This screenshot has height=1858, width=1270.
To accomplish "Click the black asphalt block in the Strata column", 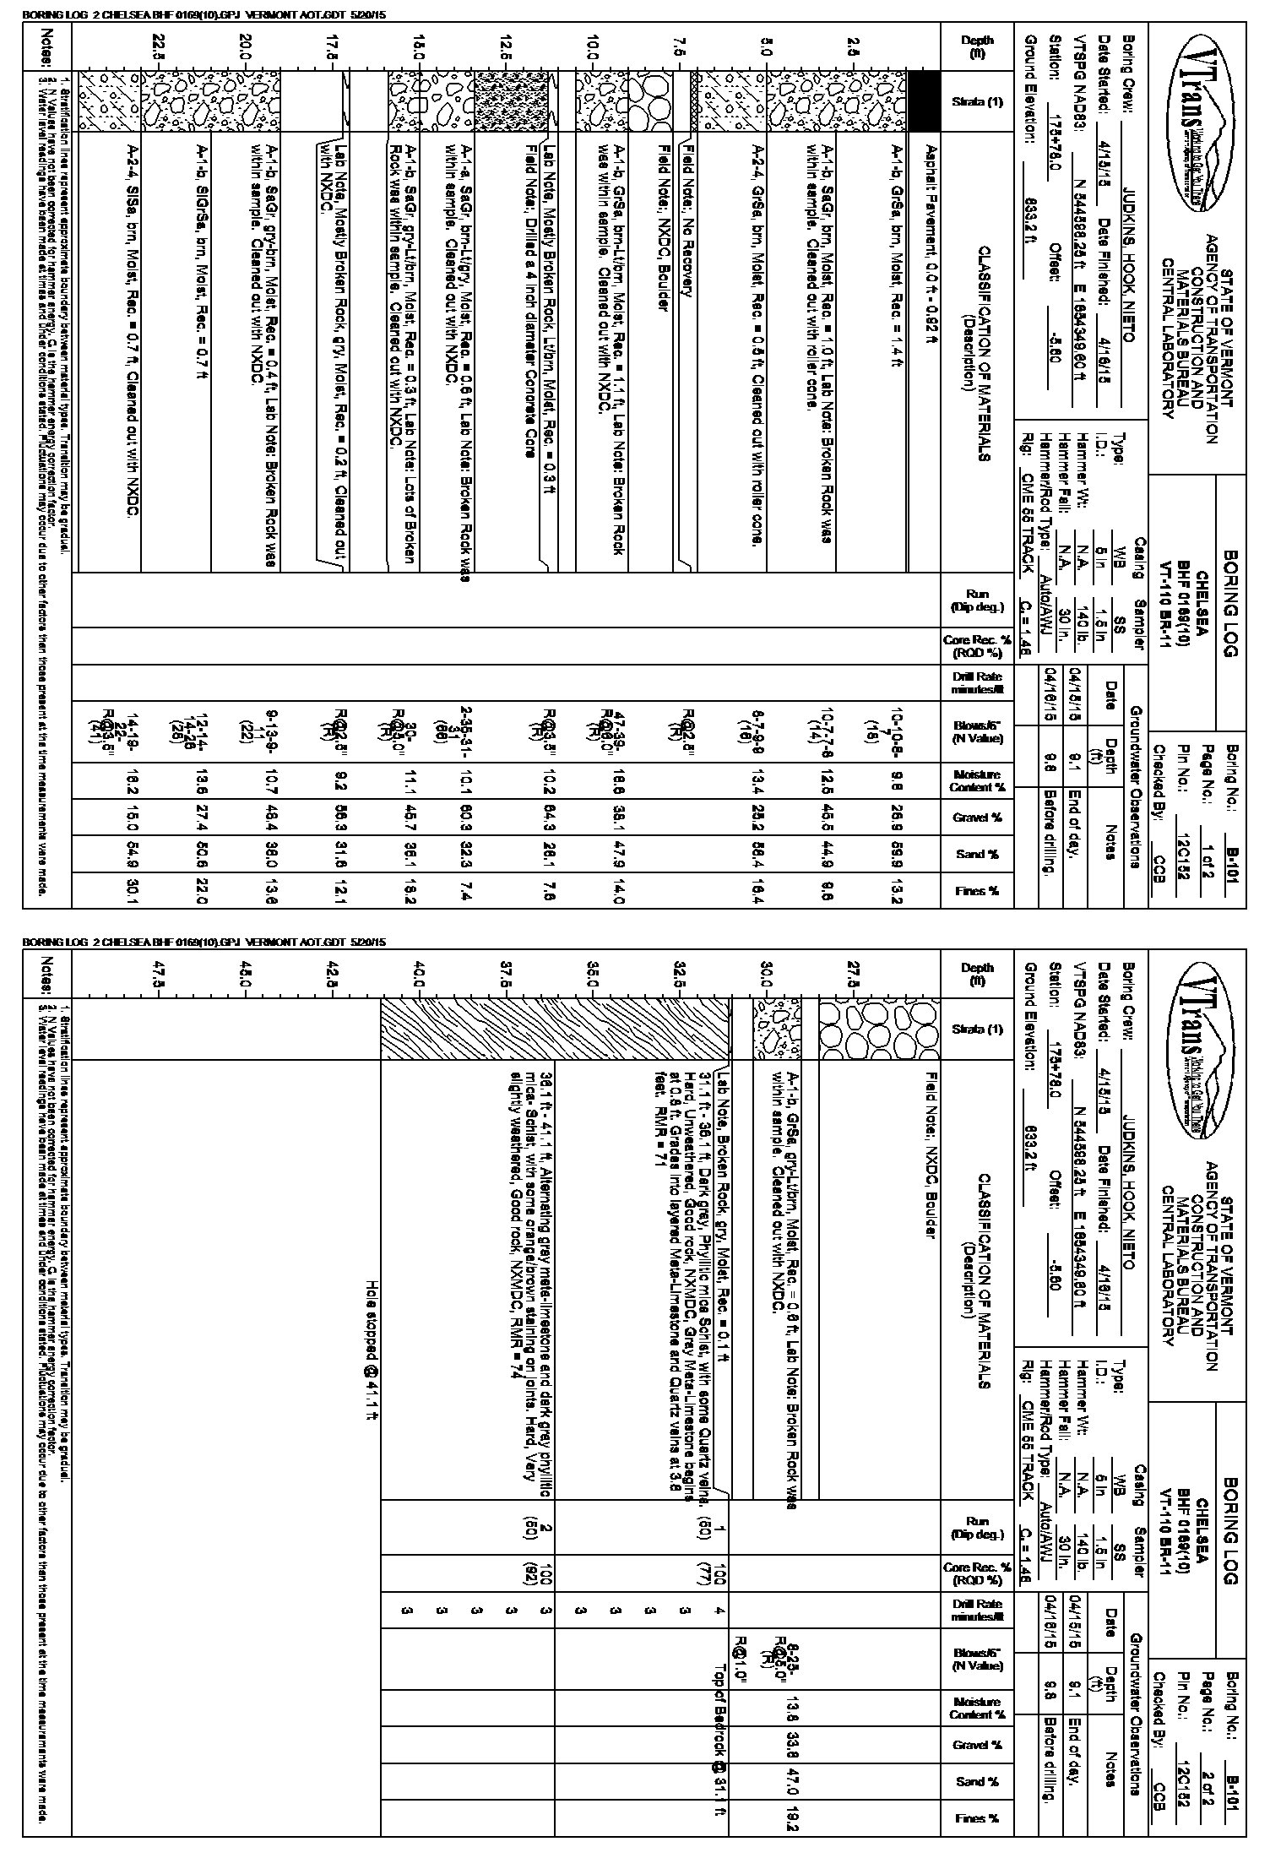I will (x=924, y=101).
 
